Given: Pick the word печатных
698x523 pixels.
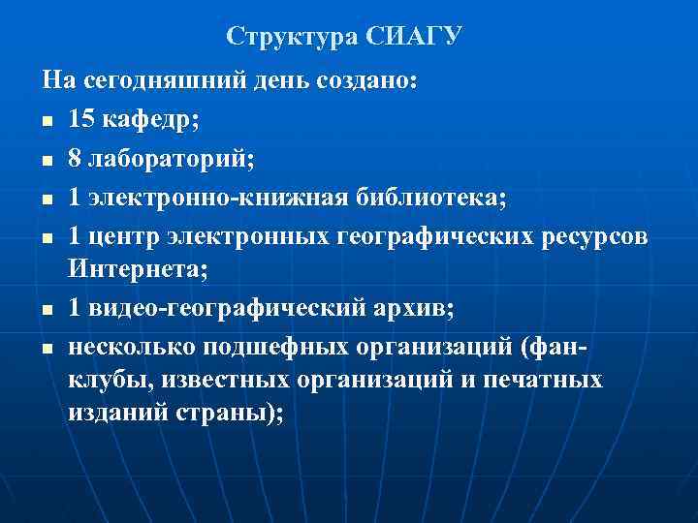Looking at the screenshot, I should tap(546, 379).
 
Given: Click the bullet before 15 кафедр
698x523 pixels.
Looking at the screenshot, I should tap(47, 121).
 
